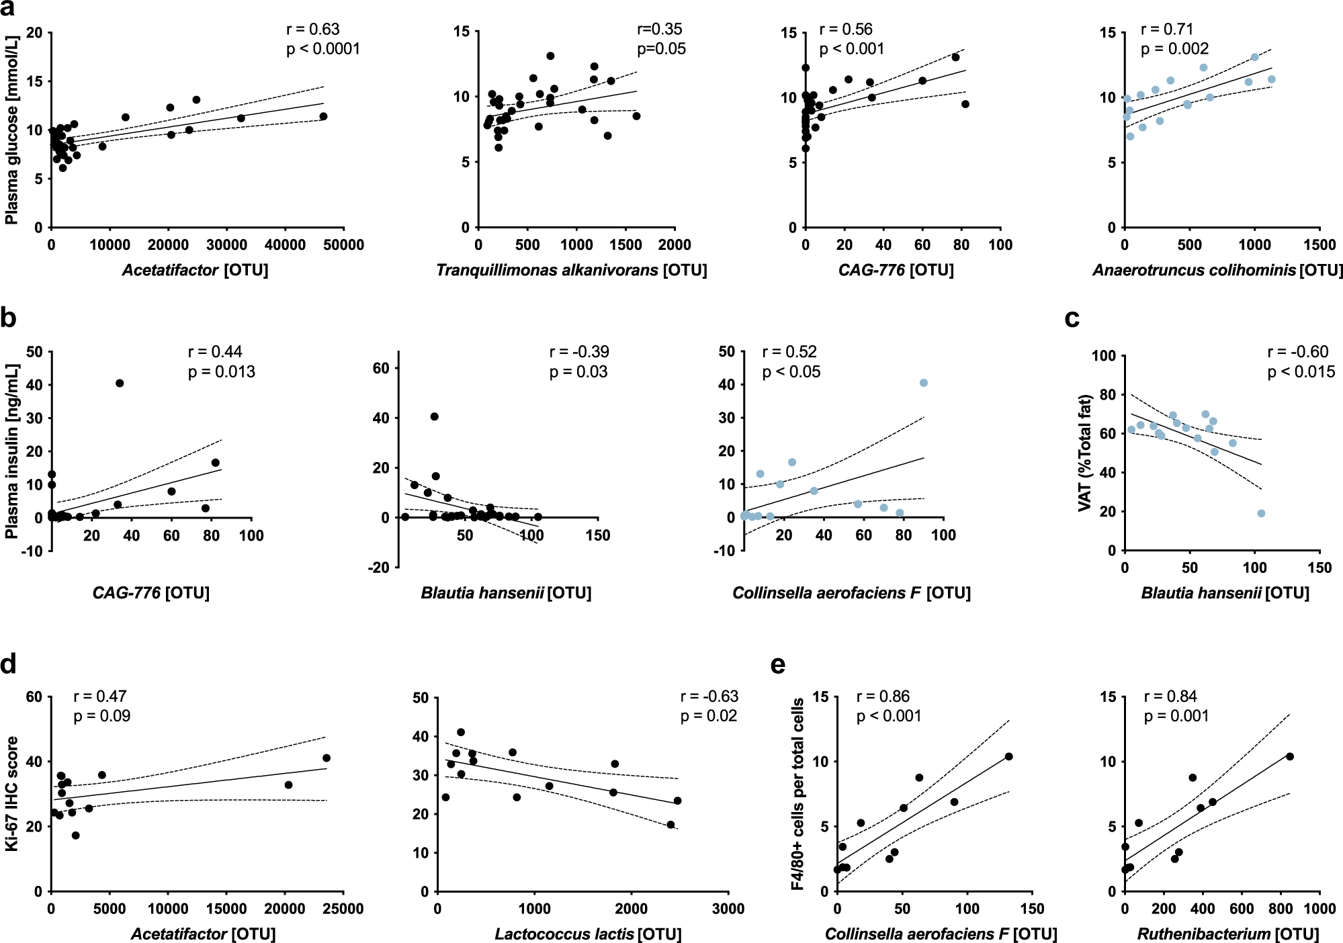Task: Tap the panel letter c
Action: tap(1072, 318)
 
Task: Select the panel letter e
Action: tap(778, 664)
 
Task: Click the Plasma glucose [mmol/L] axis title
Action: tap(11, 130)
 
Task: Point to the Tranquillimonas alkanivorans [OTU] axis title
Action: tap(571, 270)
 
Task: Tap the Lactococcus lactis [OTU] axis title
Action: tap(588, 934)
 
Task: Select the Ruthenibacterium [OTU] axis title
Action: tap(1227, 934)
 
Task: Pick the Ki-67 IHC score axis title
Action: tap(11, 794)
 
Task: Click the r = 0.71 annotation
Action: tap(1167, 30)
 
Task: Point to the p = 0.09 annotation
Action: tap(102, 716)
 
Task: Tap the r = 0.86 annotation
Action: tap(883, 697)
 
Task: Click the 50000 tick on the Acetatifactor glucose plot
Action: tap(343, 245)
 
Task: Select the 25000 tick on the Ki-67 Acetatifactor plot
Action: tap(343, 909)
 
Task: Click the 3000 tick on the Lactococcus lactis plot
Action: tap(728, 909)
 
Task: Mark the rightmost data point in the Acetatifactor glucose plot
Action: tap(323, 116)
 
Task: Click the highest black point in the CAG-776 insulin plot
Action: tap(120, 384)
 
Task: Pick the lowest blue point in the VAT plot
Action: tap(1261, 513)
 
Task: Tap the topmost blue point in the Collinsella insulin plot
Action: tap(924, 383)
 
